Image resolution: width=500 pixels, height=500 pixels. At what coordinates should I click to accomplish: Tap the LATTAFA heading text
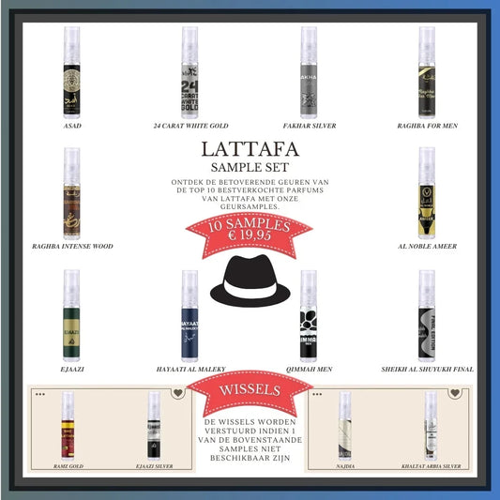pyautogui.click(x=250, y=149)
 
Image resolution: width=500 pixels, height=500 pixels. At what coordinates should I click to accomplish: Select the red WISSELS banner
pyautogui.click(x=249, y=387)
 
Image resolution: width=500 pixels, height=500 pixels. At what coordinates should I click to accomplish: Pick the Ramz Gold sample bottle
pyautogui.click(x=68, y=423)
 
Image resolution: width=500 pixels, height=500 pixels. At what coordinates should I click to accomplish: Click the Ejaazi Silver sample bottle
pyautogui.click(x=153, y=423)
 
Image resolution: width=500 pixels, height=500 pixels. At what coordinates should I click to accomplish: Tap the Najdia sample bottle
pyautogui.click(x=345, y=423)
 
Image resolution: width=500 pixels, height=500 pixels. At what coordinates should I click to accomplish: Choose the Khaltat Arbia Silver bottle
pyautogui.click(x=431, y=423)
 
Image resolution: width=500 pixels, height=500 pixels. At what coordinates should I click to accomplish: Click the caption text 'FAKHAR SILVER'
pyautogui.click(x=308, y=125)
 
